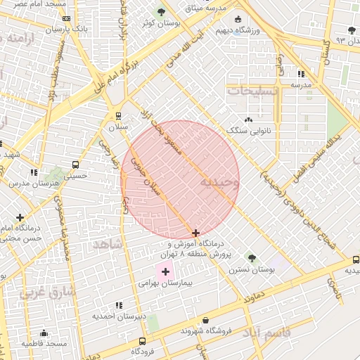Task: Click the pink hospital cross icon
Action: tap(165, 271)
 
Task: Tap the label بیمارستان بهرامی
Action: tap(165, 283)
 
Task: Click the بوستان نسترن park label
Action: tap(250, 269)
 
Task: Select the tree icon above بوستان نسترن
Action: tap(252, 257)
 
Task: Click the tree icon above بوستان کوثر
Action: tap(162, 12)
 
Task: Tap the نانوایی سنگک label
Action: tap(249, 131)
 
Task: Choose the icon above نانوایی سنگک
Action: tap(249, 120)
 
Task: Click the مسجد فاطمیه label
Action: tap(44, 343)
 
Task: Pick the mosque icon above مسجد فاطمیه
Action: tap(44, 333)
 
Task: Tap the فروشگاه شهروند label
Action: tap(206, 330)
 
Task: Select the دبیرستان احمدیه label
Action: tap(119, 316)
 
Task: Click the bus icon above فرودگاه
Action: tap(133, 340)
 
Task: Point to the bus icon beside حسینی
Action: tap(76, 165)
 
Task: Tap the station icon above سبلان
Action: tap(118, 116)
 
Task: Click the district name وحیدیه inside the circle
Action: tap(219, 182)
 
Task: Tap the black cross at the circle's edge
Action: tap(195, 233)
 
